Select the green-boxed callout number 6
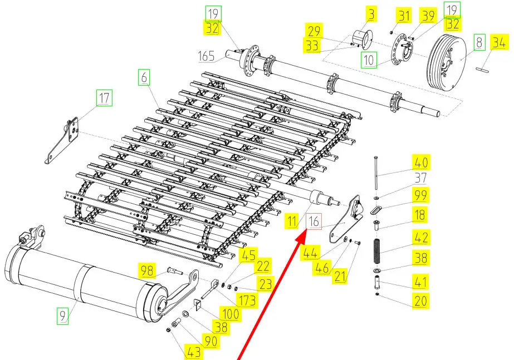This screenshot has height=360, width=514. click(144, 78)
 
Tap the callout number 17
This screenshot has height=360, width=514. click(104, 98)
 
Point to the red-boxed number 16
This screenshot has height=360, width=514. click(315, 221)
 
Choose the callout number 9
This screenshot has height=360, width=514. click(63, 316)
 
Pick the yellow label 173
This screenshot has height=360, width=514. click(248, 301)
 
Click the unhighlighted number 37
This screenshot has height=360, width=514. click(420, 177)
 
